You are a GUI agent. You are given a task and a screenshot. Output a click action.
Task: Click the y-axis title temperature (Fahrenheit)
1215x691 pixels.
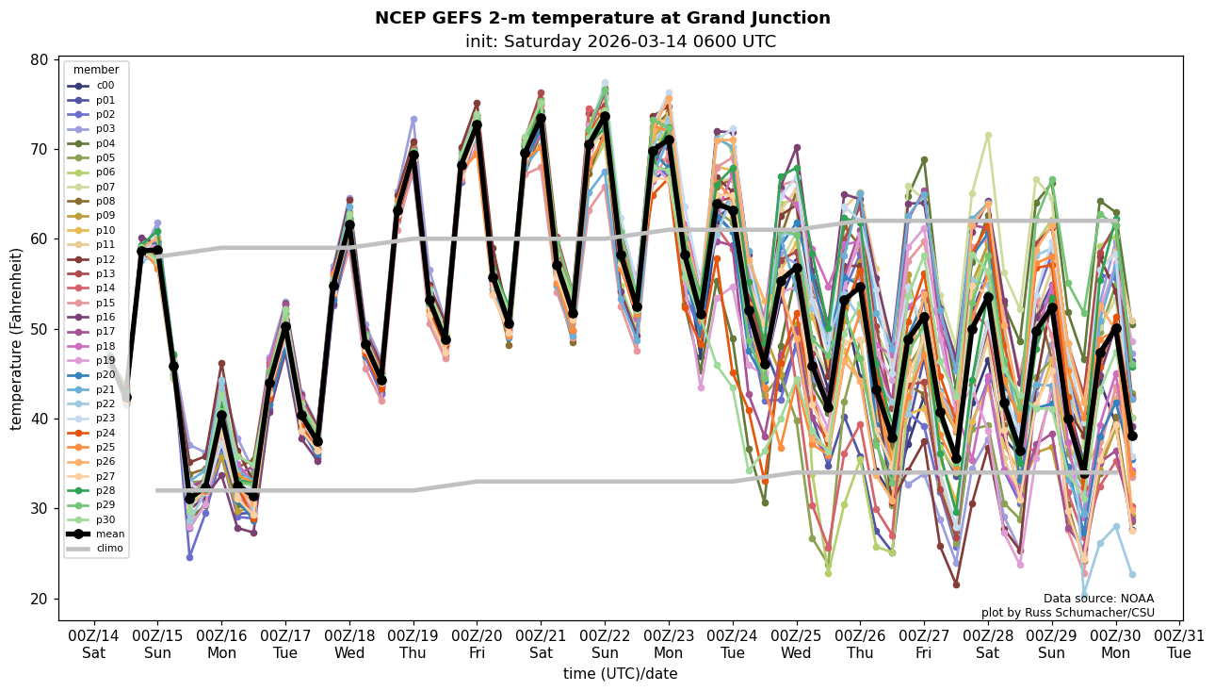point(17,338)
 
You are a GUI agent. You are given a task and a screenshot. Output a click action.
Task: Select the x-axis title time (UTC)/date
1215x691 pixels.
point(620,674)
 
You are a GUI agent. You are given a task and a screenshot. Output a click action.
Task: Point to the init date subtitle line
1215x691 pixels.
point(620,41)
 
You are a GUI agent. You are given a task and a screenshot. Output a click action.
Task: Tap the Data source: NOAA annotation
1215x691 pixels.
point(1098,599)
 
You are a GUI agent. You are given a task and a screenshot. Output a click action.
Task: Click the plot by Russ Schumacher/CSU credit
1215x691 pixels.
point(1067,613)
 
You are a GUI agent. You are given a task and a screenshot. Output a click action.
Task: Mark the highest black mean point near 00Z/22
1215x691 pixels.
point(605,116)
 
